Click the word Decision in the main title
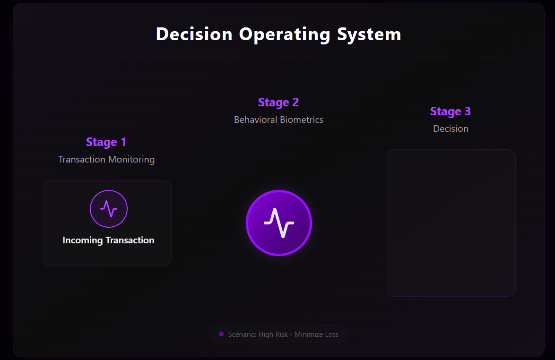(194, 34)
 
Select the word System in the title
(369, 34)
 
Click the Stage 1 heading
(106, 142)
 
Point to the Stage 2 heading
(278, 103)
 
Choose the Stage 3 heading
(451, 111)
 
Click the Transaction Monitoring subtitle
(106, 159)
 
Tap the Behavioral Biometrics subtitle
(278, 120)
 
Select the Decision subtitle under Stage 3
(451, 129)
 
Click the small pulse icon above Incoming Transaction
(109, 208)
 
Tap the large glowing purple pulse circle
(279, 223)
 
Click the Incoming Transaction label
(108, 240)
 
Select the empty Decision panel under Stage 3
(451, 223)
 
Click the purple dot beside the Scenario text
(221, 334)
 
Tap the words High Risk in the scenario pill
(274, 334)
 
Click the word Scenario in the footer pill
(242, 334)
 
